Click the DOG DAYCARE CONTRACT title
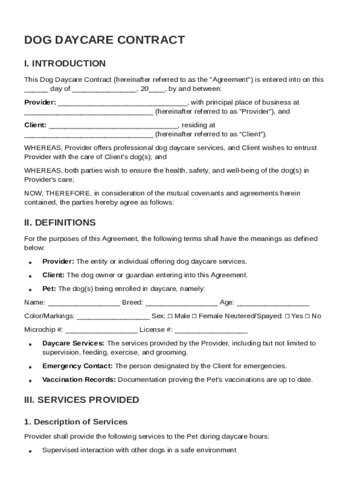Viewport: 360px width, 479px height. [x=104, y=40]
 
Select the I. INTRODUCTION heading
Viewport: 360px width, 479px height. [x=65, y=64]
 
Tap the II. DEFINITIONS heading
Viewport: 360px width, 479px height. [x=60, y=223]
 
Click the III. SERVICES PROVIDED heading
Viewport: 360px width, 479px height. [x=81, y=400]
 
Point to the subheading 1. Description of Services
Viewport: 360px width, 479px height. [x=75, y=422]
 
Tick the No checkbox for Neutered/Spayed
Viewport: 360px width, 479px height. [x=308, y=316]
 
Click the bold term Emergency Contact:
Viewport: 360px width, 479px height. [x=78, y=366]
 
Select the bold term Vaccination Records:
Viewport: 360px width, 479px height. [x=79, y=379]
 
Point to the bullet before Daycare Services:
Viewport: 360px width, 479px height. [x=30, y=344]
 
